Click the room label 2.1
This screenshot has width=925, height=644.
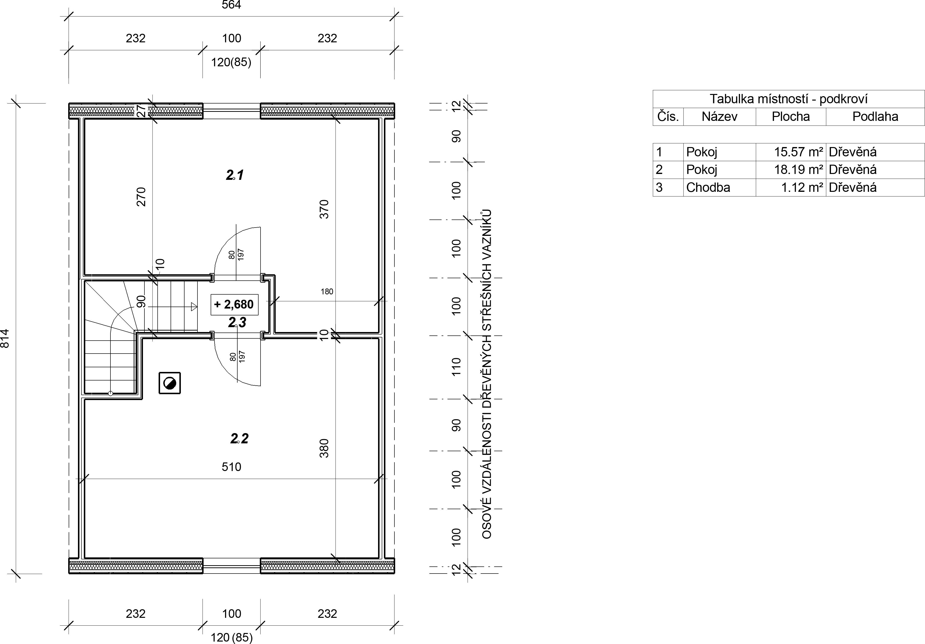click(x=234, y=175)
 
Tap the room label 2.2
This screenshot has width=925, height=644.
click(x=239, y=438)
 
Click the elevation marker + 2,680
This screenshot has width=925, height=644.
click(x=234, y=304)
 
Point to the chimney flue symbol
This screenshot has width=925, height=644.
click(x=170, y=383)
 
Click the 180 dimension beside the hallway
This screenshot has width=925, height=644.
click(x=327, y=292)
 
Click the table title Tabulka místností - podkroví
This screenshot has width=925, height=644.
click(x=788, y=99)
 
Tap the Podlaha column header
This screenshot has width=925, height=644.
click(x=875, y=116)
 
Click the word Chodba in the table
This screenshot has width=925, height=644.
click(x=708, y=187)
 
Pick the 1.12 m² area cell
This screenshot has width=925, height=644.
click(x=802, y=187)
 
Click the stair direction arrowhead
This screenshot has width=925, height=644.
click(x=194, y=307)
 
